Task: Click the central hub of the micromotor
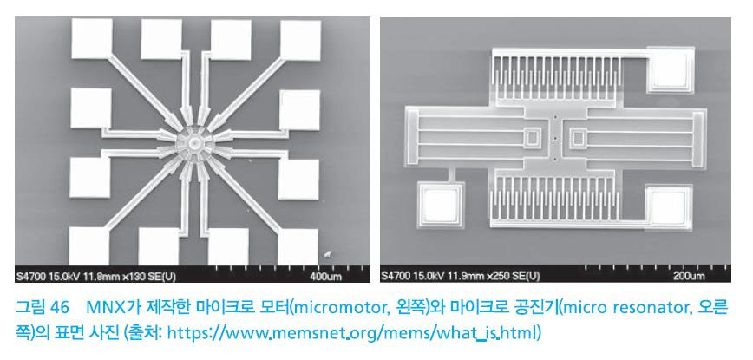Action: click(x=194, y=143)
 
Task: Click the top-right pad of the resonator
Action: click(x=671, y=69)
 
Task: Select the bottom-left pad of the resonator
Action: click(x=441, y=205)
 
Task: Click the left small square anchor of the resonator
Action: click(x=532, y=138)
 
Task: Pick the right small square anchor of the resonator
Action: click(x=577, y=138)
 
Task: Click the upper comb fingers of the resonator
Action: click(x=553, y=77)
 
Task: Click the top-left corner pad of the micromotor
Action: click(x=92, y=38)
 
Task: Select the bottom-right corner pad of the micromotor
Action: click(x=298, y=246)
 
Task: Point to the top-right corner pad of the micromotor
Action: click(x=300, y=40)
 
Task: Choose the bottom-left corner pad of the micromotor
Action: click(x=88, y=245)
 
